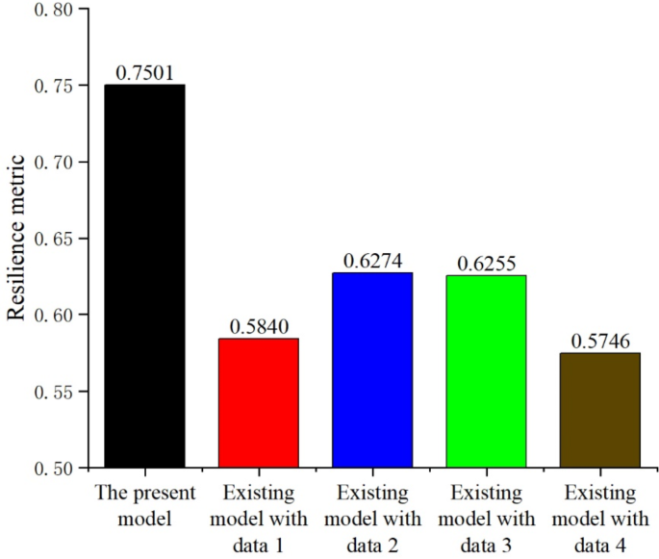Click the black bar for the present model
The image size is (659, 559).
click(x=144, y=276)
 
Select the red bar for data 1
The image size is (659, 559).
click(x=259, y=403)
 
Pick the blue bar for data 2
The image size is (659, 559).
click(x=372, y=370)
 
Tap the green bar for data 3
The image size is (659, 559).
click(x=486, y=371)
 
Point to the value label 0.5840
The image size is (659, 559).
click(x=259, y=327)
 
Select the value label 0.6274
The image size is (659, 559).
click(x=372, y=261)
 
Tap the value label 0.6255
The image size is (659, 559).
click(x=486, y=264)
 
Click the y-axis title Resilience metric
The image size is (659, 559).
click(x=16, y=239)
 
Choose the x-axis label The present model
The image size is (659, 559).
click(x=144, y=505)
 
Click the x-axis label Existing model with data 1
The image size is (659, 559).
click(x=259, y=519)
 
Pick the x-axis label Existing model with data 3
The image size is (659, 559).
click(x=486, y=519)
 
